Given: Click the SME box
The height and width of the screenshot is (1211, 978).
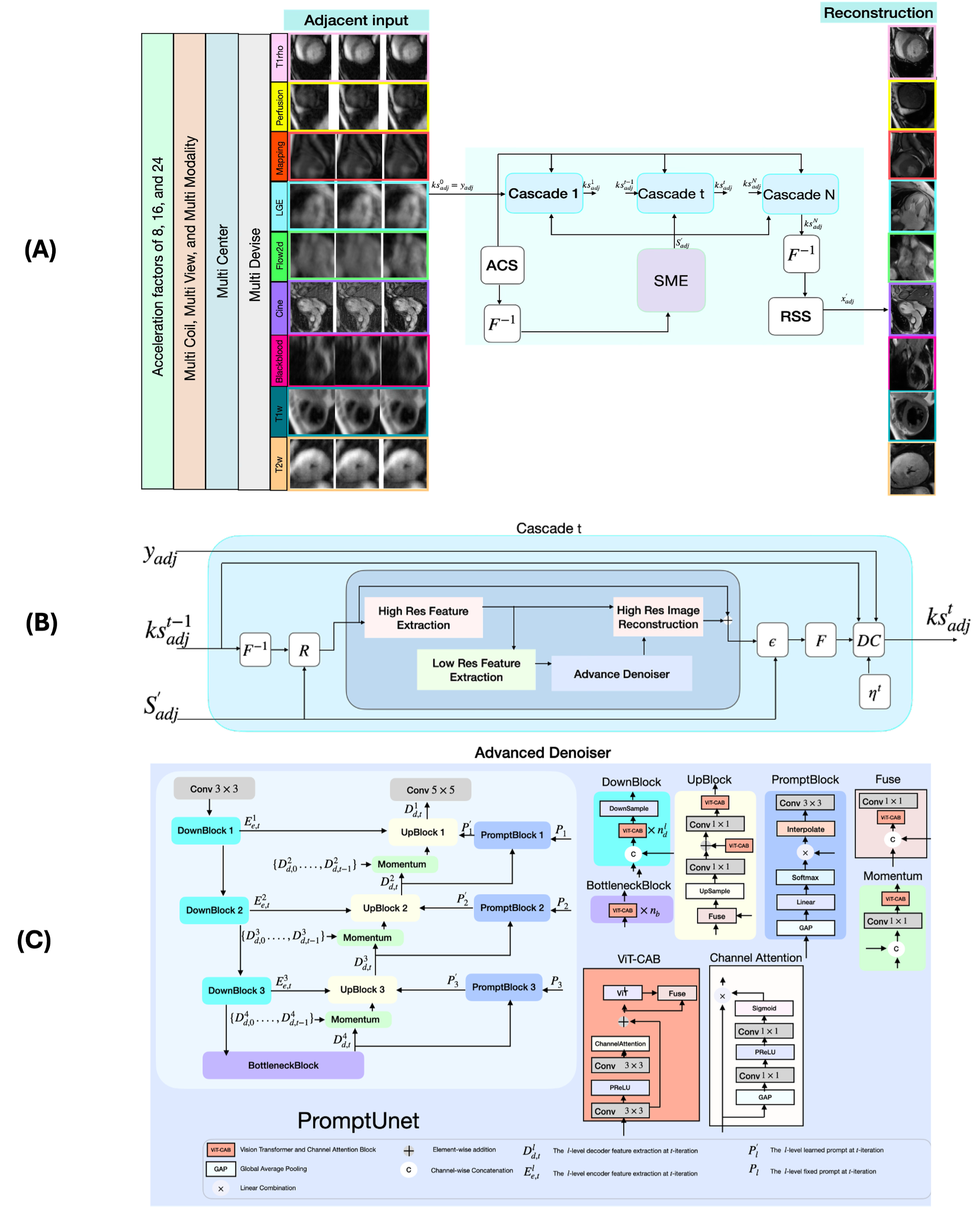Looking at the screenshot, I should [x=670, y=281].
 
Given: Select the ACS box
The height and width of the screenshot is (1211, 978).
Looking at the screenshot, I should [x=502, y=265].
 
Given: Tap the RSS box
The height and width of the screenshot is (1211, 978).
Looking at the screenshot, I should [x=795, y=316].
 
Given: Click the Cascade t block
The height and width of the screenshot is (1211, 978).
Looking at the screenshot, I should [x=674, y=194].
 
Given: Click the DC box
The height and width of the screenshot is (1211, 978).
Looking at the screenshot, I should [x=868, y=640].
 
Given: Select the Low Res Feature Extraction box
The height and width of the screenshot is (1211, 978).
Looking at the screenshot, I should [x=476, y=670].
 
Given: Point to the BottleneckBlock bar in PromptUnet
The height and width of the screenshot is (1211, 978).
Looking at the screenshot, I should [x=283, y=1065].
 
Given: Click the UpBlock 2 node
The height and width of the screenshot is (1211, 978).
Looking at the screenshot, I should [x=385, y=908].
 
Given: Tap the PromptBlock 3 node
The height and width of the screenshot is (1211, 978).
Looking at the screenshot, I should [x=503, y=987].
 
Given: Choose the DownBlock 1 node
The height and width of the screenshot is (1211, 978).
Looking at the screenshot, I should [x=206, y=830].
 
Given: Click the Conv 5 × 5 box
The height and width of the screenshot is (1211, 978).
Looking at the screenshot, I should [x=431, y=790].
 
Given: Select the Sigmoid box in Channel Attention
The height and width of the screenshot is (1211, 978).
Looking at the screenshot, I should [x=764, y=1008].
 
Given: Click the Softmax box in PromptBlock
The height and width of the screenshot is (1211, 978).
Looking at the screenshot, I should [x=805, y=877].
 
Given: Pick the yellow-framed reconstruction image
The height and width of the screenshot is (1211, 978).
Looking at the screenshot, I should [x=911, y=105].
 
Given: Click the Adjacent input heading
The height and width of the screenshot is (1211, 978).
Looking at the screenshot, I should [x=356, y=20].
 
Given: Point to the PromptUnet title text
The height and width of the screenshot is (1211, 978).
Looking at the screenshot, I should [x=358, y=1120].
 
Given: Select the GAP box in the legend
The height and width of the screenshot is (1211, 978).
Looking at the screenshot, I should [x=221, y=1169].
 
